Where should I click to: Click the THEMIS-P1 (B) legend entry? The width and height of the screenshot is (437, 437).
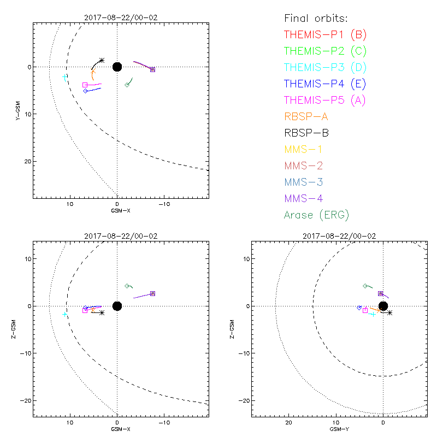coord(325,35)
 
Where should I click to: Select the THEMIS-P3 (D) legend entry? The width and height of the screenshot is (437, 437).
coord(325,68)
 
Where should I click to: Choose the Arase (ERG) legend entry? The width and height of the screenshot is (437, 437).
coord(316,215)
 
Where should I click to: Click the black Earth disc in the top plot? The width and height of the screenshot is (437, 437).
coord(117,67)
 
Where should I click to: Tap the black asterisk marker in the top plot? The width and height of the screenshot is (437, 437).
coord(102,60)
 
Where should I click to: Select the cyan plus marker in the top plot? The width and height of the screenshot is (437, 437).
coord(65,77)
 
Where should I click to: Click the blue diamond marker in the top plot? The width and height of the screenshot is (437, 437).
coord(86,91)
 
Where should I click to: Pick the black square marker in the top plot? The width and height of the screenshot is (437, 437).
coord(85,85)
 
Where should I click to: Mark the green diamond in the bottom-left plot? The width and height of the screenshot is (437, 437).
coord(127,286)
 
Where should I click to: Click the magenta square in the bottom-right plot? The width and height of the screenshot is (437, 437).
coord(365,310)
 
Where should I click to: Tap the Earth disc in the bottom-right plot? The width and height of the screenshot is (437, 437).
coord(383,306)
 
